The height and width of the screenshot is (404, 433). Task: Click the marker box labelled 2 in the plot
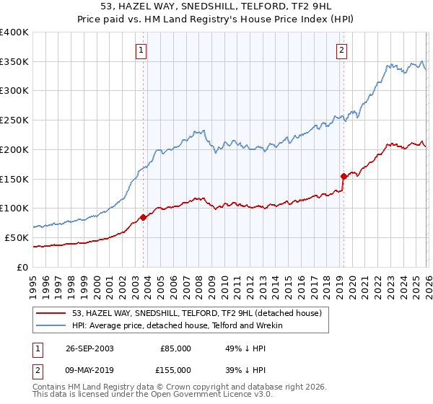click(x=341, y=50)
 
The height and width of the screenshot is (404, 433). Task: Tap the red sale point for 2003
click(x=144, y=216)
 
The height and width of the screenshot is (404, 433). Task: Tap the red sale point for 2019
click(x=344, y=175)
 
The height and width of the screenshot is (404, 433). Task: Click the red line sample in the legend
click(x=52, y=313)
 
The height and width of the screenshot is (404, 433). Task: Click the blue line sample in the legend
click(x=52, y=325)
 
